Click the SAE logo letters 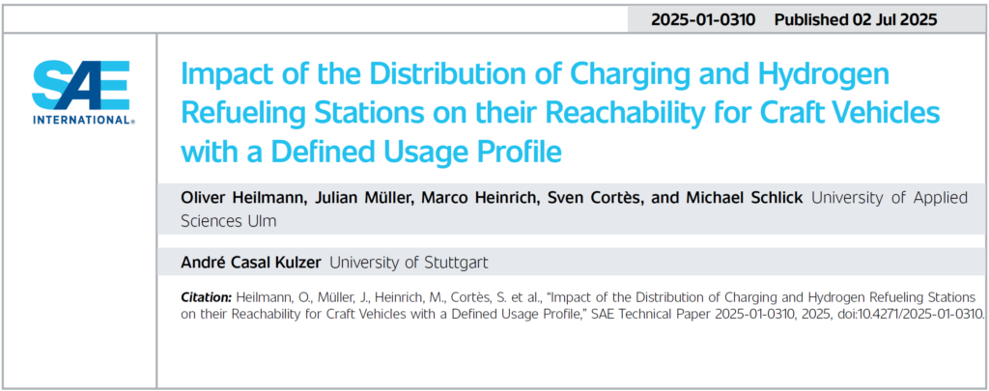point(81,87)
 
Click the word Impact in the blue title point(218,78)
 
